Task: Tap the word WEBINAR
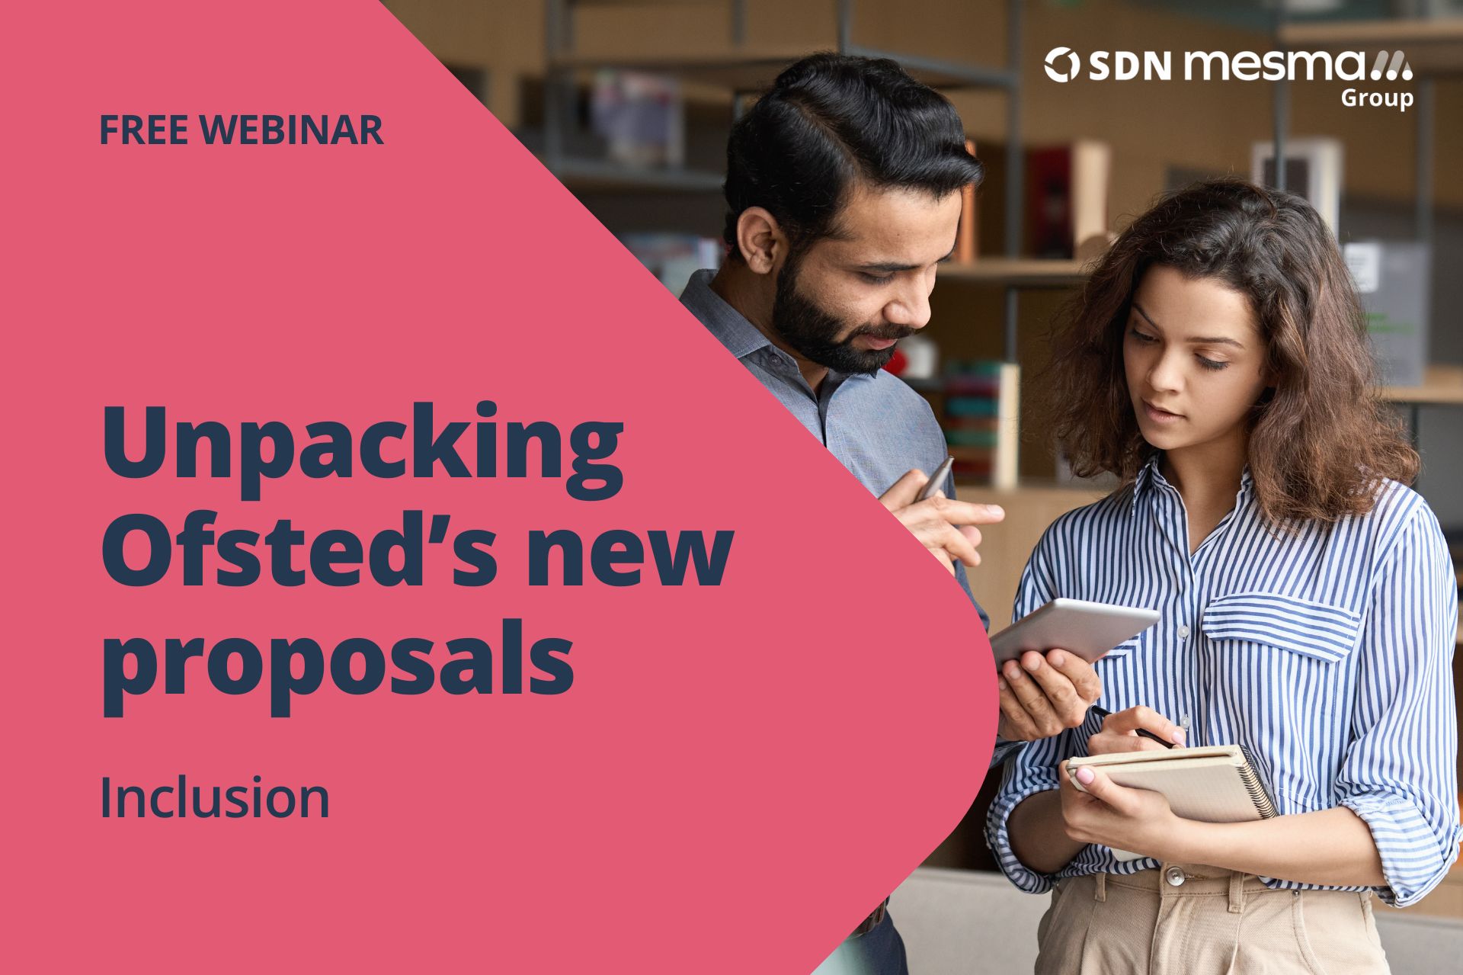tap(293, 130)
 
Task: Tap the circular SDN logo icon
tap(1061, 65)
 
